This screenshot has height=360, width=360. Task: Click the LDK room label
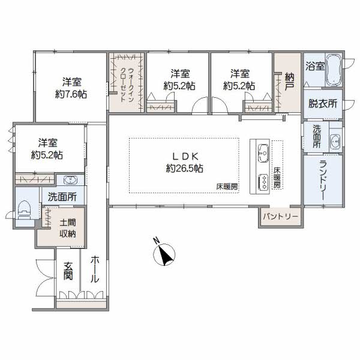click(185, 157)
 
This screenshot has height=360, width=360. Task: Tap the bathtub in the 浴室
click(334, 70)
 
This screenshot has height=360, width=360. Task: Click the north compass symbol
click(164, 253)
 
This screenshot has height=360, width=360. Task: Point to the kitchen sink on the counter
click(263, 153)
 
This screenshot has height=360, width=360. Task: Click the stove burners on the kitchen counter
click(263, 182)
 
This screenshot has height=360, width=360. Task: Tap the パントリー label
click(281, 217)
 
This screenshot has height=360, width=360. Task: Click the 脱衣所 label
click(323, 104)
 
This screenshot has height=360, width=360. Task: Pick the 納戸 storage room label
click(290, 82)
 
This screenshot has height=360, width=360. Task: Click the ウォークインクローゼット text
click(127, 85)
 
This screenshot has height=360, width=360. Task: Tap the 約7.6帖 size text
click(71, 94)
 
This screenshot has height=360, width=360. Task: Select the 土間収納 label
click(68, 228)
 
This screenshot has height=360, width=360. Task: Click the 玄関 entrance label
click(68, 271)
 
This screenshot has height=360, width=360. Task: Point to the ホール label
click(95, 269)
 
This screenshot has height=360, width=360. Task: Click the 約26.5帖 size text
click(185, 169)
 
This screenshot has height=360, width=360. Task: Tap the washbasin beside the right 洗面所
click(335, 140)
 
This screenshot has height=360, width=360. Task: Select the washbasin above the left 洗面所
click(70, 180)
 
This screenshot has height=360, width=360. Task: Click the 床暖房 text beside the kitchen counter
click(277, 178)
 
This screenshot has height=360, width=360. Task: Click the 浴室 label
click(315, 67)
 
